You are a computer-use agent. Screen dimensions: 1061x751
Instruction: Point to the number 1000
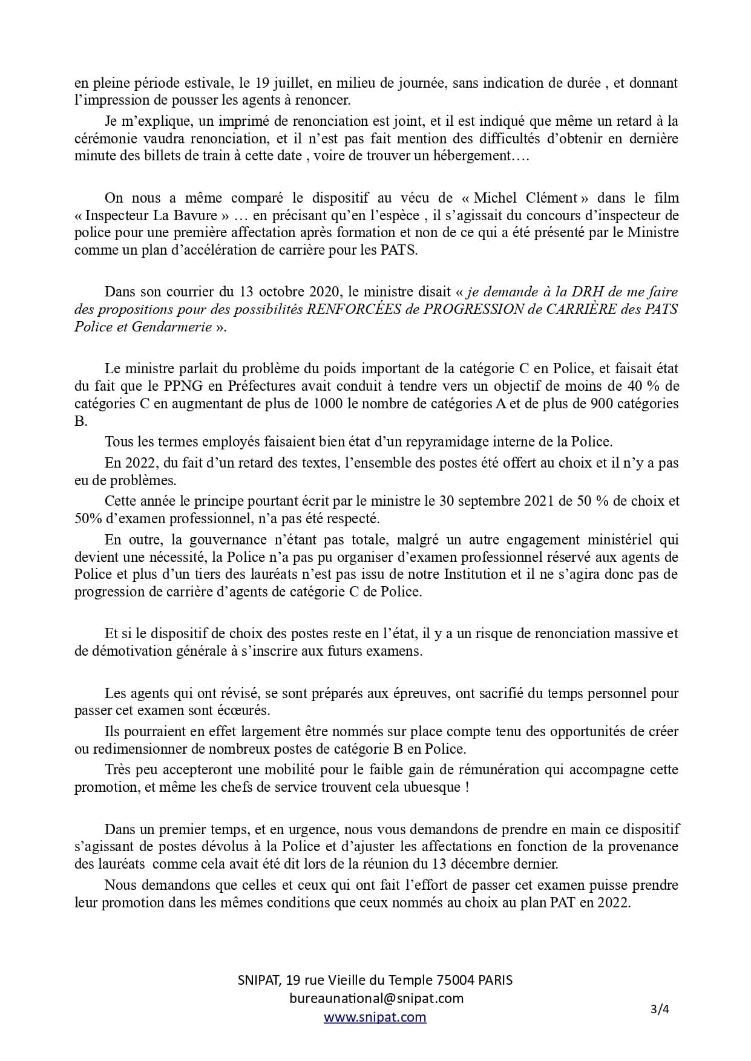(326, 403)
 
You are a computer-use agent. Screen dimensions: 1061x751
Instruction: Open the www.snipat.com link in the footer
(375, 1017)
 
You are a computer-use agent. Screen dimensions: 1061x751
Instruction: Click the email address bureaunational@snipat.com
(376, 998)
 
